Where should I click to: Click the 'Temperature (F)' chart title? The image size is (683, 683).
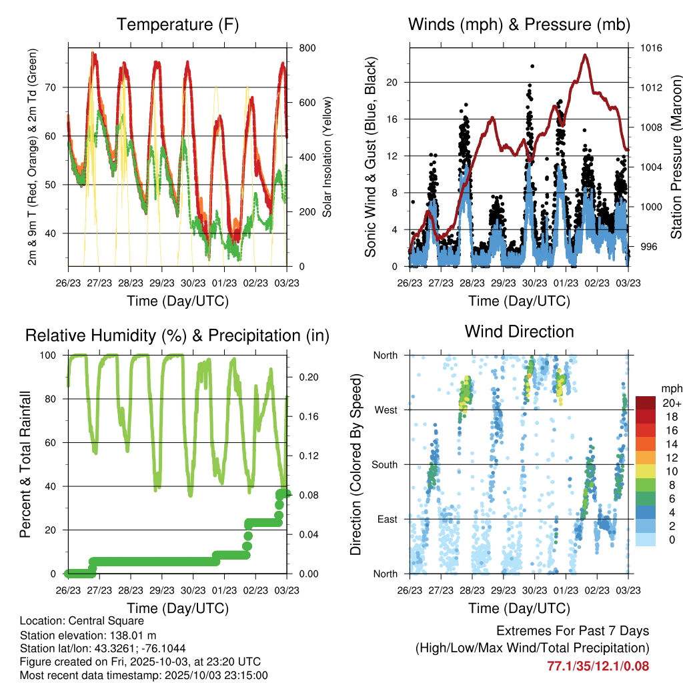(x=177, y=25)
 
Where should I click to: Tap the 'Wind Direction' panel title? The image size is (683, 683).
(x=519, y=331)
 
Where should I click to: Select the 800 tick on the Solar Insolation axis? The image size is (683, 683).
(x=299, y=48)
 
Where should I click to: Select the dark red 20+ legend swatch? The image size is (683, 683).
(x=646, y=403)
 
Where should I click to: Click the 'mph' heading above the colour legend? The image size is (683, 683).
(x=670, y=388)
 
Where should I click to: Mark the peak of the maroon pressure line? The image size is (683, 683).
(x=585, y=55)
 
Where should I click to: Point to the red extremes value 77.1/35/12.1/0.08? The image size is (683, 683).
(x=598, y=666)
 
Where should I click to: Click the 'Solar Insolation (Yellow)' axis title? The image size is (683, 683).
(x=327, y=157)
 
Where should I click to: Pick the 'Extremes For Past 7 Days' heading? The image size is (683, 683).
(x=572, y=631)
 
